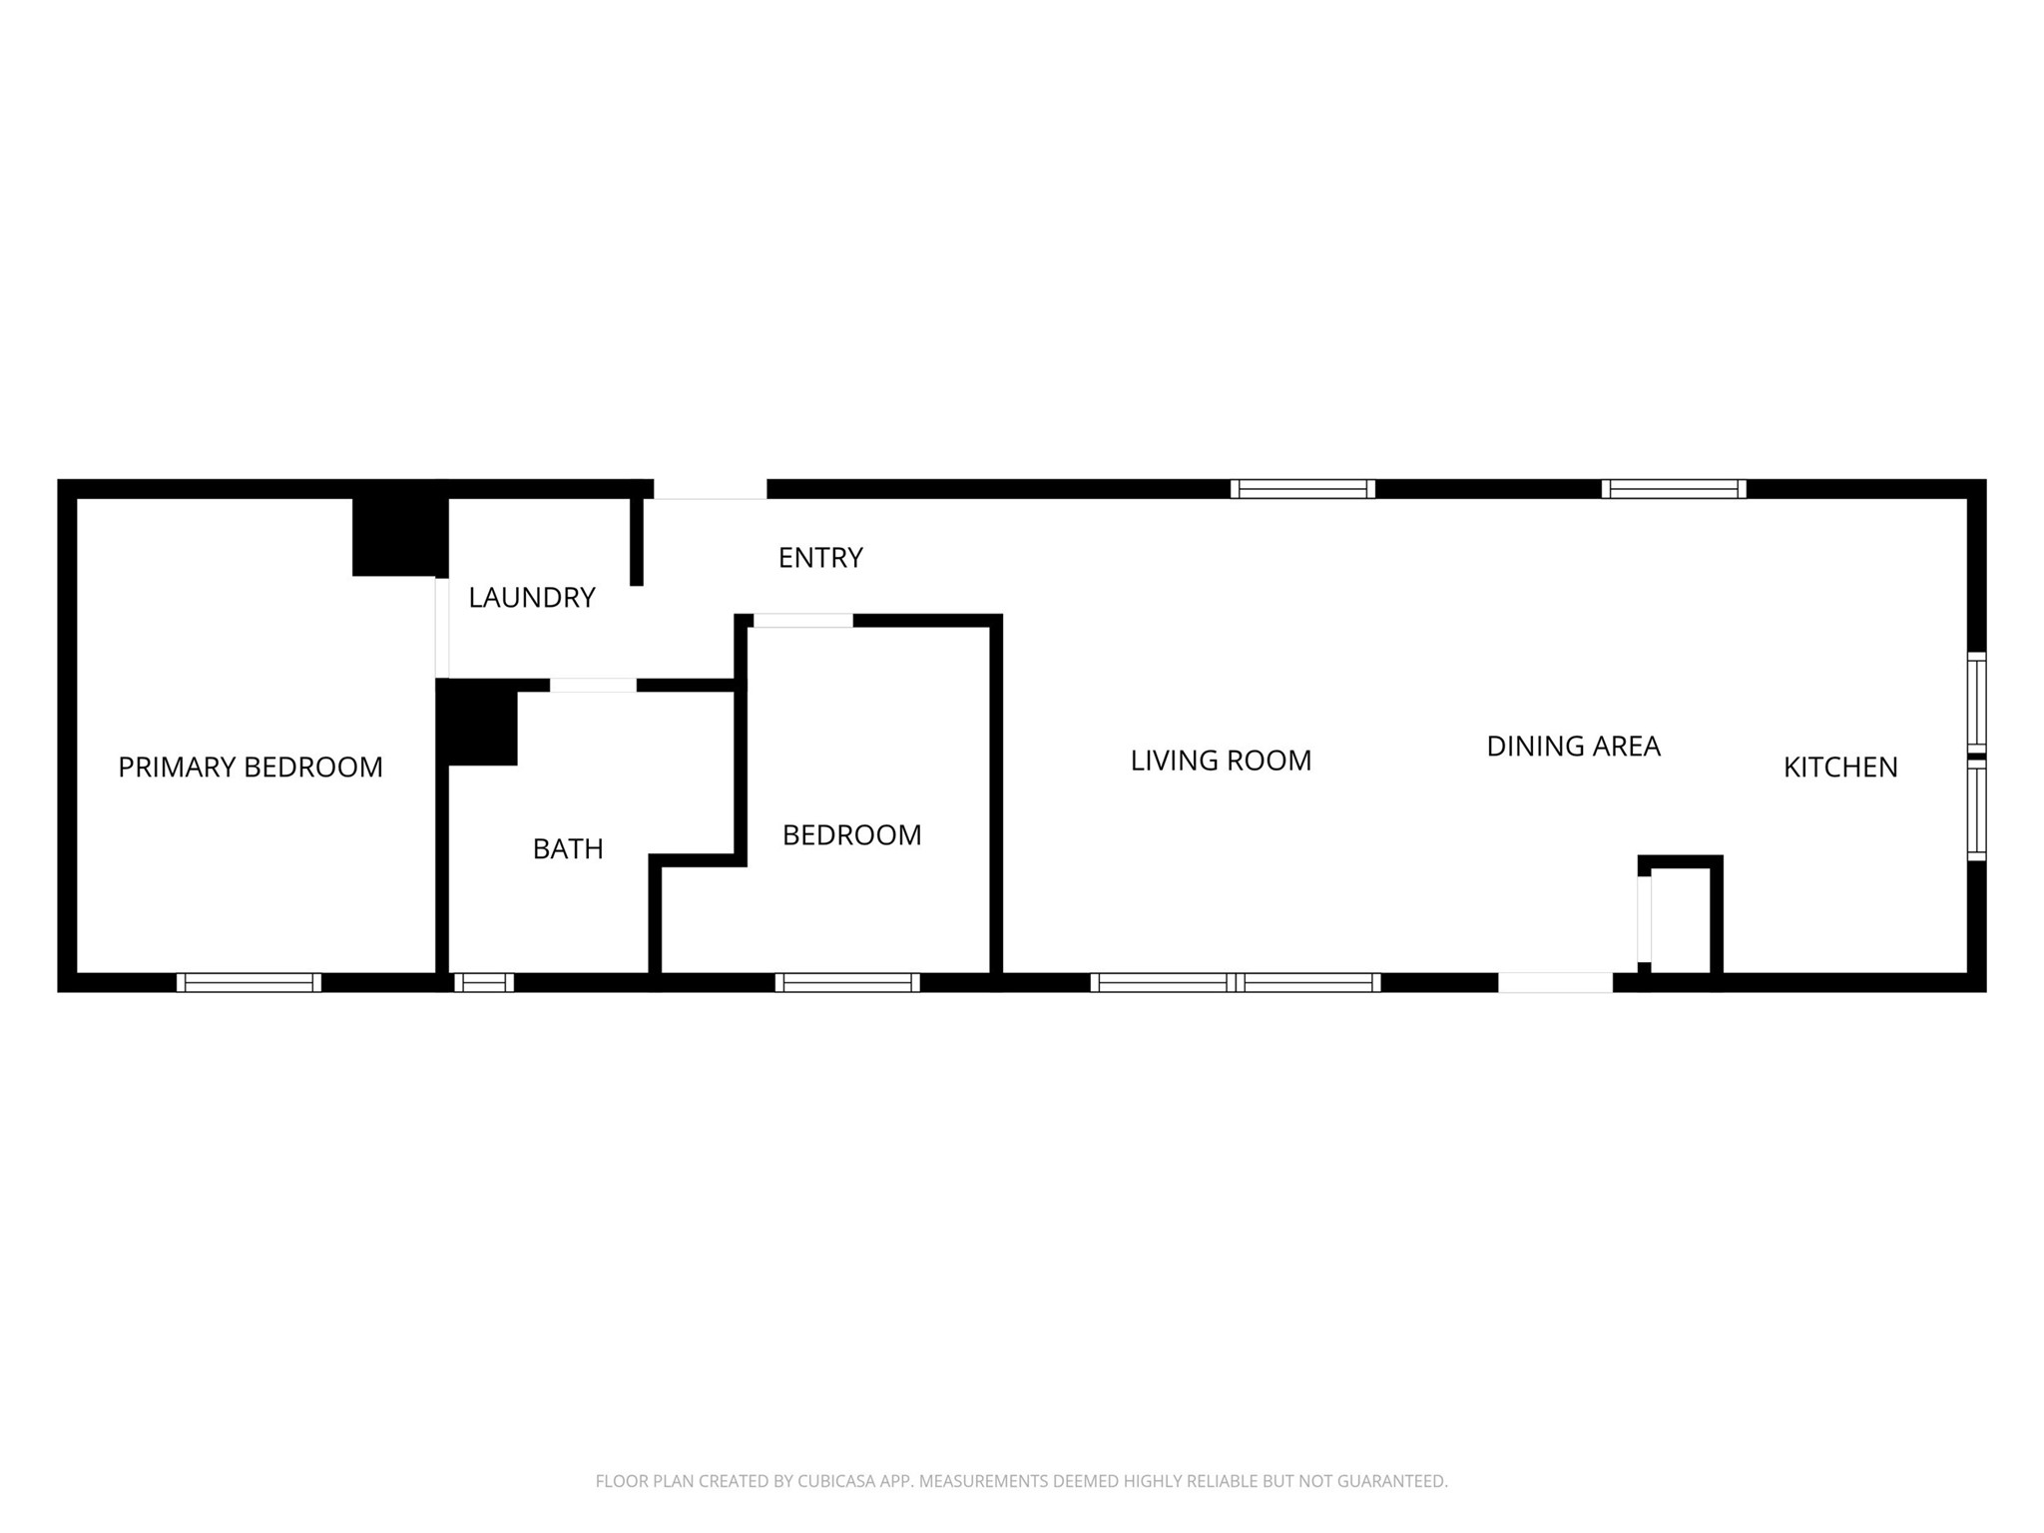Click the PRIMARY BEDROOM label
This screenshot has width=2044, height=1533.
(x=250, y=766)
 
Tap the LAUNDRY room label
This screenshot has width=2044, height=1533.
(x=531, y=597)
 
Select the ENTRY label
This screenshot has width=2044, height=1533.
(x=819, y=557)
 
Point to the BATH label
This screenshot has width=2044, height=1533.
(x=567, y=848)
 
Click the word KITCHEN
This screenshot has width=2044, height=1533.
(x=1839, y=766)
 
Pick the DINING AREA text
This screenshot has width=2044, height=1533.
(x=1573, y=746)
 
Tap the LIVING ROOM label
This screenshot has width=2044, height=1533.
(x=1220, y=761)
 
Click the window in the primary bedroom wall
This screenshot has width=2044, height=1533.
(x=249, y=982)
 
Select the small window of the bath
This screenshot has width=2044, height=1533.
(x=484, y=982)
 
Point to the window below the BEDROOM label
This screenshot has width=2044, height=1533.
(x=846, y=982)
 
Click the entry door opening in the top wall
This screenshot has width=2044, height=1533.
(x=710, y=489)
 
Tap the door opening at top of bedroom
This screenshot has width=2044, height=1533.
(x=802, y=621)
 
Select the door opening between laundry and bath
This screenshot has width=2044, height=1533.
(x=593, y=685)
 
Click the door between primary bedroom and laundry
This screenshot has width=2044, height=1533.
(x=442, y=627)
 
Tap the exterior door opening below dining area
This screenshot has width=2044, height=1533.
(x=1554, y=982)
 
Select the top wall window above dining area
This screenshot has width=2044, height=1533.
(x=1673, y=489)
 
